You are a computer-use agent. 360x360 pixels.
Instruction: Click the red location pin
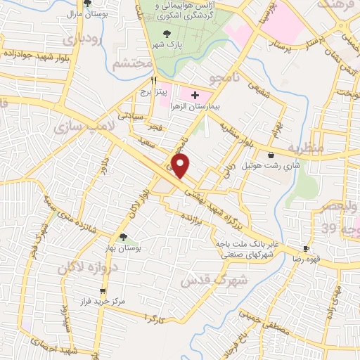point(181,167)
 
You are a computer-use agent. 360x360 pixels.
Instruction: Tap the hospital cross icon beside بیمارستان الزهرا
point(195,95)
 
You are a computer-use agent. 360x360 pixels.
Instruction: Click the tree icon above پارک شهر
point(166,34)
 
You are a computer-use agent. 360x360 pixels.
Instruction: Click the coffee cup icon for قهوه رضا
point(306,248)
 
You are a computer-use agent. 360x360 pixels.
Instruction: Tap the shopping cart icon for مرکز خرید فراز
point(103,290)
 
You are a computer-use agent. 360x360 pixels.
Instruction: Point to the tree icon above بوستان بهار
point(124,238)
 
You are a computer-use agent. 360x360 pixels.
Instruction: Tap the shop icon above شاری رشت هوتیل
point(271,155)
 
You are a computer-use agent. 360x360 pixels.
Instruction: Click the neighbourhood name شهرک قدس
point(206,278)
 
